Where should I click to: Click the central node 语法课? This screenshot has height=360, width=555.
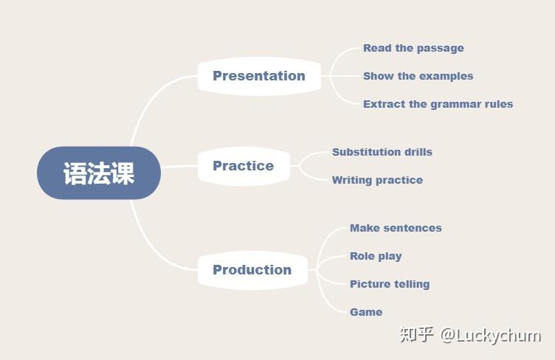pos(99,173)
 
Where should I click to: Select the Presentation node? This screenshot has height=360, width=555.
pos(259,76)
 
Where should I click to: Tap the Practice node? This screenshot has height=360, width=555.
pos(244,166)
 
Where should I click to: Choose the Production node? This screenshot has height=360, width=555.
pos(252,270)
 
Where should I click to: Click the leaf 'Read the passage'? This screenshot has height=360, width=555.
pos(413,48)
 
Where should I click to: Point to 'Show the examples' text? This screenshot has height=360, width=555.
pos(418,76)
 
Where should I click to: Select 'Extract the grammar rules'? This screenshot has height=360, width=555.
pos(438,104)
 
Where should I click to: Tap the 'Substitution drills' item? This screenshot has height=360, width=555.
pos(382,152)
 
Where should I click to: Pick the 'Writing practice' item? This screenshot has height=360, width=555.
pos(377,180)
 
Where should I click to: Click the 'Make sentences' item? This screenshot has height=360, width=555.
pos(396,228)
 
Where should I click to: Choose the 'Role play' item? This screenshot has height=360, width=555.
pos(376,256)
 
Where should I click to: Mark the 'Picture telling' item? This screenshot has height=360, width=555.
pos(390,284)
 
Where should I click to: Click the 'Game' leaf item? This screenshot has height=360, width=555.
pos(366,312)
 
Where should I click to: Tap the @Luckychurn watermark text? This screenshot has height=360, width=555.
pos(491,335)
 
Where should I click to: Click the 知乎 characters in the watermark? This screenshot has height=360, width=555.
pos(416,334)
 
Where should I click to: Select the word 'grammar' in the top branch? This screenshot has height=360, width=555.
pos(455,105)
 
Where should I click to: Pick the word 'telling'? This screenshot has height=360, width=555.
pos(412,284)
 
